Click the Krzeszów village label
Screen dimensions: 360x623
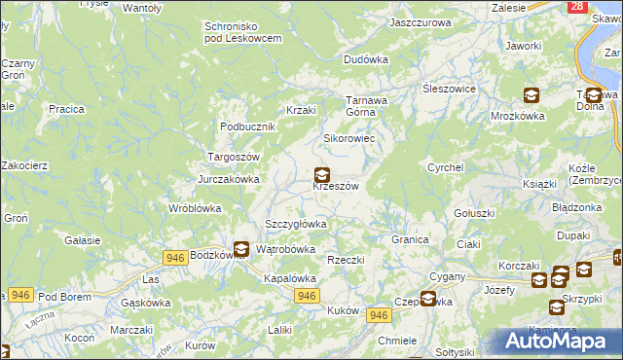coord(337,187)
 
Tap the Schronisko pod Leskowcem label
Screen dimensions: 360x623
coord(243,31)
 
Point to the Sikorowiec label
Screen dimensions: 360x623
coord(349,138)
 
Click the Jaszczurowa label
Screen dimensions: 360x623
coord(421,21)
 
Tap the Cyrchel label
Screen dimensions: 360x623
coord(443,167)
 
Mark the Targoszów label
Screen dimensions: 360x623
coord(233,157)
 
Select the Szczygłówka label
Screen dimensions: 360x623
coord(296,224)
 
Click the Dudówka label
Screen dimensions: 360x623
coord(366,59)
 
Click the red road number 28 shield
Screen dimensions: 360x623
coord(577,6)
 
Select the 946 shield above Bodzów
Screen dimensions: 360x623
coord(175,257)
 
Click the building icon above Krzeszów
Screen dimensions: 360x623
coord(321,176)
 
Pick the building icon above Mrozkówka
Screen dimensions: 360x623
coord(531,95)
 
